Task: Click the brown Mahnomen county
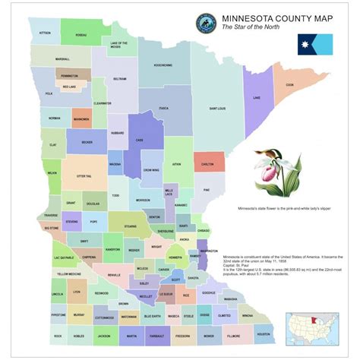81,119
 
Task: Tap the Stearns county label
131,226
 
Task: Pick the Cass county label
139,140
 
